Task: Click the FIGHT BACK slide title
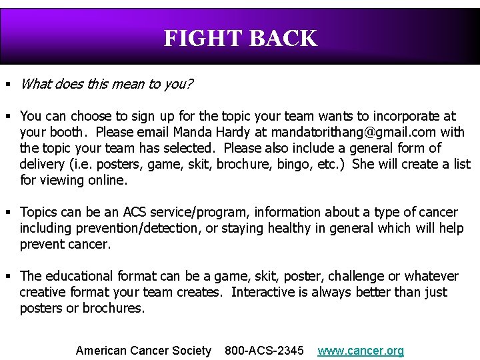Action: (x=240, y=39)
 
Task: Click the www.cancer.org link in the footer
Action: (x=361, y=351)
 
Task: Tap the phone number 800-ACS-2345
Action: (x=264, y=351)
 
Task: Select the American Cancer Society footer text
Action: (x=143, y=351)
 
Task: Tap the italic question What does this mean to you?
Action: (x=107, y=84)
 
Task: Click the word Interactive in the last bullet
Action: (x=264, y=292)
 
